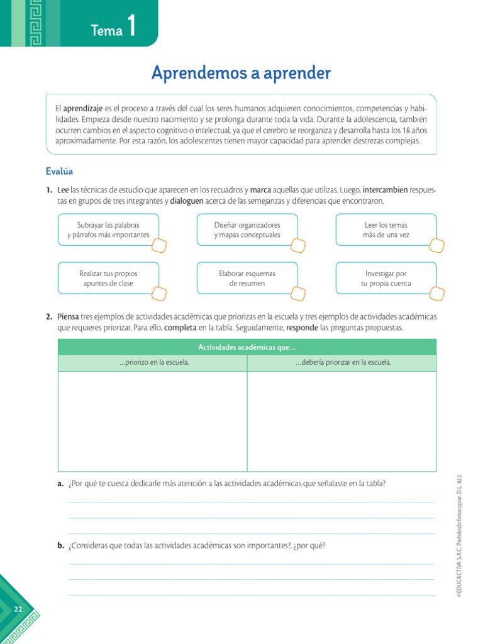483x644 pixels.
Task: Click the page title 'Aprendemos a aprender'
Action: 241,73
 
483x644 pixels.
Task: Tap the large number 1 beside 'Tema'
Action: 131,28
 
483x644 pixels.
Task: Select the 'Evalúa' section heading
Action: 60,171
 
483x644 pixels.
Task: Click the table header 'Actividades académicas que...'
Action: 247,347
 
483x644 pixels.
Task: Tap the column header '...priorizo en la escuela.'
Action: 153,363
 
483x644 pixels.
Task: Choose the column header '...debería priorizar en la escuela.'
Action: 343,363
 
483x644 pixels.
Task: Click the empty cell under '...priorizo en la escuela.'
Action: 153,421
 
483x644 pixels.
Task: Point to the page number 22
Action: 18,609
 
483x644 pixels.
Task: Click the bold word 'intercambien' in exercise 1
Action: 385,189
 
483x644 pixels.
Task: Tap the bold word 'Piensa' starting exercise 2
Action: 69,316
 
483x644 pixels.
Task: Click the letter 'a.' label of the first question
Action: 60,484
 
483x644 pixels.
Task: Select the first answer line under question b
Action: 251,563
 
